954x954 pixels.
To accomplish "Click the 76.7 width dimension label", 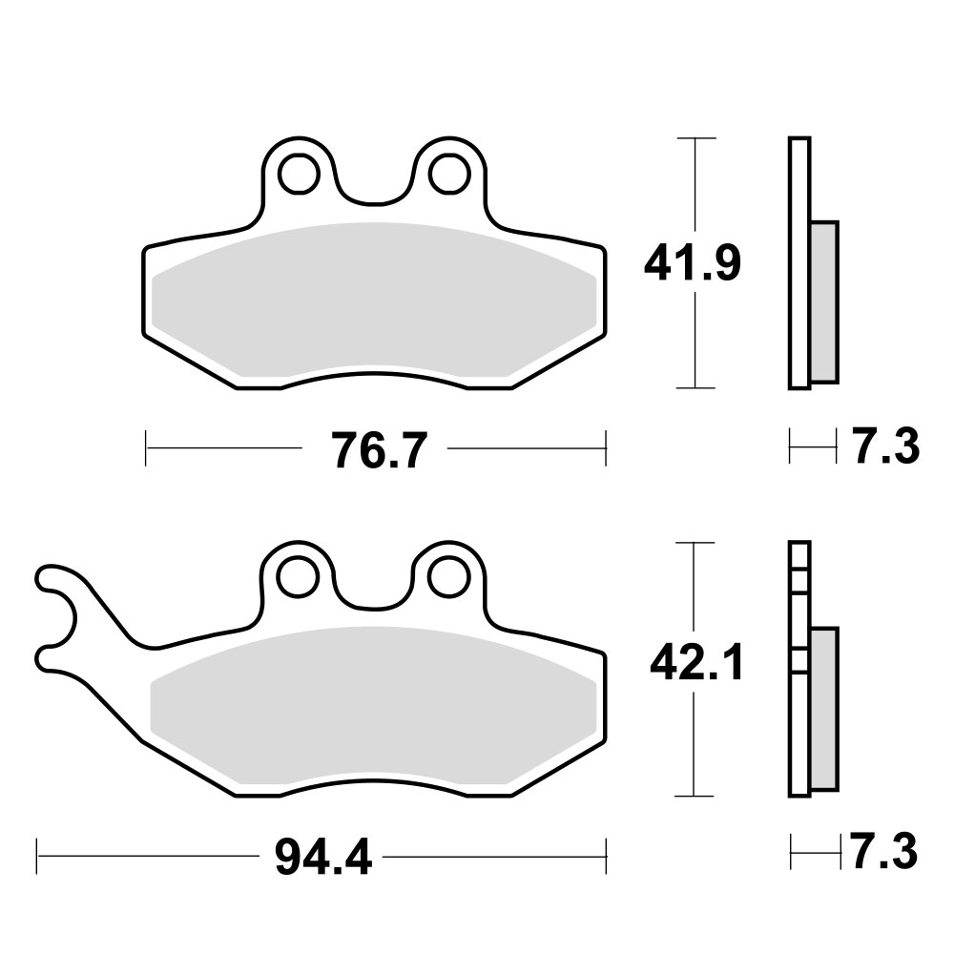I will click(375, 449).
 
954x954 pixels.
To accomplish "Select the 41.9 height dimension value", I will click(692, 263).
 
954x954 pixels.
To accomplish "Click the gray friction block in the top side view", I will click(824, 300).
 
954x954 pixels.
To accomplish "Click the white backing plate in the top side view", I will click(799, 263).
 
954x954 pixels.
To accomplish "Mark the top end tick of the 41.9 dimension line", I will click(701, 139).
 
